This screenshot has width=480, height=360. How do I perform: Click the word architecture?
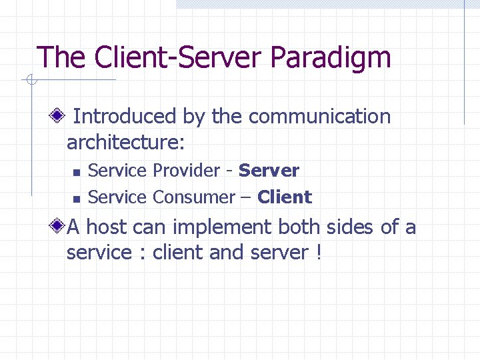coord(124,143)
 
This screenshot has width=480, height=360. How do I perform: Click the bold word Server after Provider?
coord(269,171)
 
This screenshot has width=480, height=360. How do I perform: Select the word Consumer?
coord(193,197)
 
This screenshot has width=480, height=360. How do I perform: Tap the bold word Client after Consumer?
coord(285,197)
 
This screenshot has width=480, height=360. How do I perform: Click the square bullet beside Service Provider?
coord(77,172)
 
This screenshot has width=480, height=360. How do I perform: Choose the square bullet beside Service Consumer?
coord(77,199)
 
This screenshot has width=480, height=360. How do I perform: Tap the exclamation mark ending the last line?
coord(317,253)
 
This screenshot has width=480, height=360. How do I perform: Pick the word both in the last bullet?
coord(299,227)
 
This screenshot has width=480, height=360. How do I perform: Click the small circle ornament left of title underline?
coord(30,81)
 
